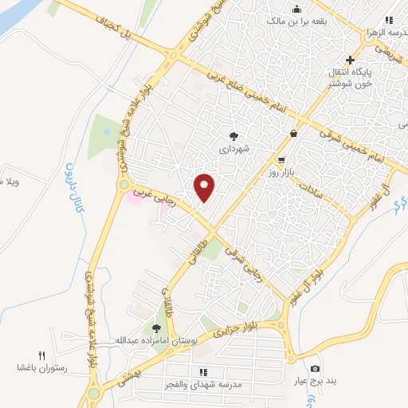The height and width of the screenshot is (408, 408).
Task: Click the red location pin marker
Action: pos(205,187)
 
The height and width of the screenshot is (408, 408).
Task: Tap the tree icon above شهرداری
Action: pos(233,135)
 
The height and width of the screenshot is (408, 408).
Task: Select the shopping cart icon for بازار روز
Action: pos(281,160)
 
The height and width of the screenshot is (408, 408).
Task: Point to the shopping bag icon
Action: pos(294,134)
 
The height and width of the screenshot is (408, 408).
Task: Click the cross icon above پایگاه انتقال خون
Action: pos(350,61)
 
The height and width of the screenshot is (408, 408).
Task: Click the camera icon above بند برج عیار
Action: pos(316,368)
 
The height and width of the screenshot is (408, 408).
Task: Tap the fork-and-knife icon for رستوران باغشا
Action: pos(43,355)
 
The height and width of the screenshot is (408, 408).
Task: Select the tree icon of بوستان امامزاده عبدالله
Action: pos(156,327)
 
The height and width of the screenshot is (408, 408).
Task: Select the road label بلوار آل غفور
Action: pos(315,275)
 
